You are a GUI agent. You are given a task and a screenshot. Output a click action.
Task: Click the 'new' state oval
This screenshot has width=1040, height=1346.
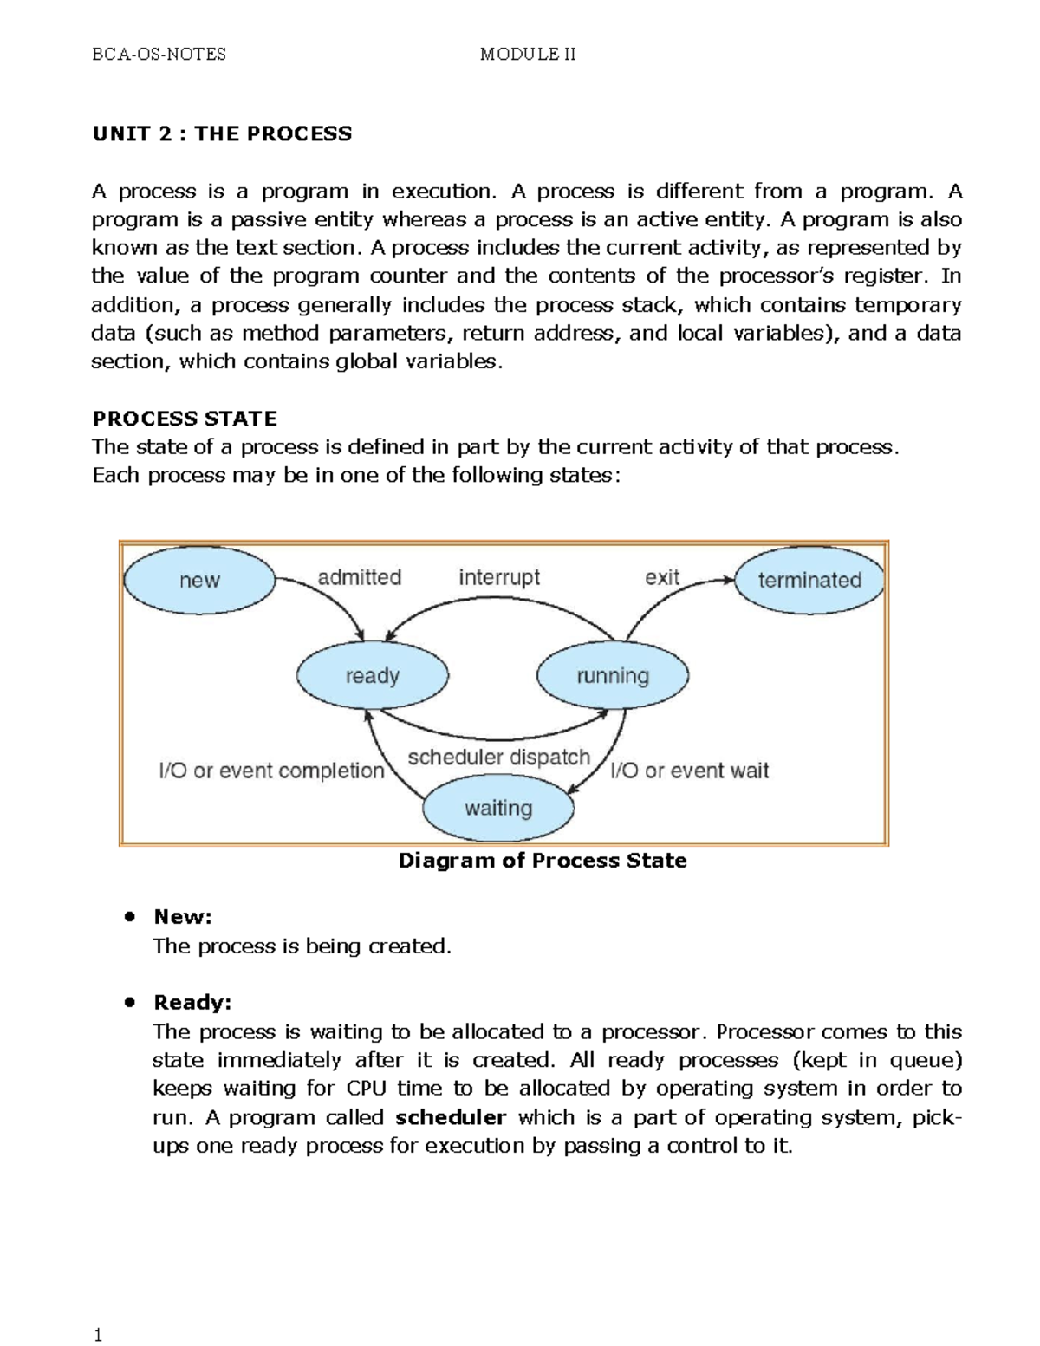coord(199,581)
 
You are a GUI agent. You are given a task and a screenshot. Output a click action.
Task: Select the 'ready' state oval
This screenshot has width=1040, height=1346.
coord(372,676)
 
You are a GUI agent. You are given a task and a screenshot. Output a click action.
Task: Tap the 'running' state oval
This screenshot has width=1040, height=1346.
coord(613,676)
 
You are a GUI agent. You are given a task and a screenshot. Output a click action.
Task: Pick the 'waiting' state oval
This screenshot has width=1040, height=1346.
coord(498,809)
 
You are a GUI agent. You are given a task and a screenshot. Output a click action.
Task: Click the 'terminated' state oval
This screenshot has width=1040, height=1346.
coord(809,581)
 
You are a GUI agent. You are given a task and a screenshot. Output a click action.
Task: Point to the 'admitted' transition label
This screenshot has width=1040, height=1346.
coord(359,577)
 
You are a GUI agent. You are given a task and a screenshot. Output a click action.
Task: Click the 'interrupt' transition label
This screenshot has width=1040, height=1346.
coord(499,577)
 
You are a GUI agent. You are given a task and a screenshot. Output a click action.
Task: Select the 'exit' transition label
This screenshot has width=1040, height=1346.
coord(662,577)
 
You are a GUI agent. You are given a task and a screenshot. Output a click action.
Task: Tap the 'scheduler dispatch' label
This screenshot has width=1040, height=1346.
coord(498,758)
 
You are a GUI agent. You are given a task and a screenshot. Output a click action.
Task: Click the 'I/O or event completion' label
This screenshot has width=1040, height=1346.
coord(271,771)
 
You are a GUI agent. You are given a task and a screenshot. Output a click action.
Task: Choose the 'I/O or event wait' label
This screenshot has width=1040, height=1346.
coord(690,771)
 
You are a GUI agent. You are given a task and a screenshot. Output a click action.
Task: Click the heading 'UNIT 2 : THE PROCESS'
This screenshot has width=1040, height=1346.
coord(222,133)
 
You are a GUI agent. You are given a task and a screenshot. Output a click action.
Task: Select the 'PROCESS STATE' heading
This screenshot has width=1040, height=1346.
coord(185,419)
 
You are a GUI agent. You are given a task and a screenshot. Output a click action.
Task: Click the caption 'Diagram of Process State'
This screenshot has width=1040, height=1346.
coord(543,861)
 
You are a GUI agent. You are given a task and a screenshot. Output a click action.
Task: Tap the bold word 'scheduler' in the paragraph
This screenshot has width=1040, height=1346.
coord(451,1117)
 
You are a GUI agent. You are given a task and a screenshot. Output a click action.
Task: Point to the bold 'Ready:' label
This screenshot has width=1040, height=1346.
coord(192,1003)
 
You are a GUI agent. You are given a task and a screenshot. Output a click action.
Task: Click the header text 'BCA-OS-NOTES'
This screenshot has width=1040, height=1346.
coord(159,55)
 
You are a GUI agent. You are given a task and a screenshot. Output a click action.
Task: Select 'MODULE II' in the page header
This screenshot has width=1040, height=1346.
coord(528,55)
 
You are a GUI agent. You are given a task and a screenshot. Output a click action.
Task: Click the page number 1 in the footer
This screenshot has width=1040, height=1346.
coord(98,1335)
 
